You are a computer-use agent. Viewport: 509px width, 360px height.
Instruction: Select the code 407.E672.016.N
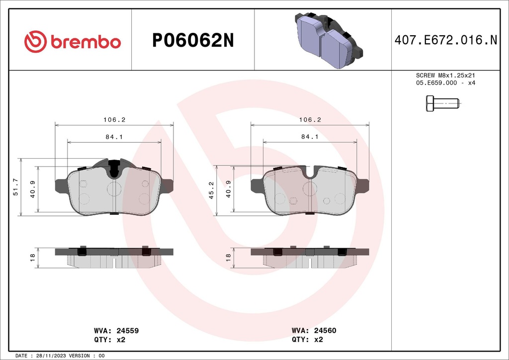point(445,41)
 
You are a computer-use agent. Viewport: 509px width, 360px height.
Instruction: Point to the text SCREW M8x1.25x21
point(445,75)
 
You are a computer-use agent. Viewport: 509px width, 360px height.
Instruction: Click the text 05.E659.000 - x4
point(445,83)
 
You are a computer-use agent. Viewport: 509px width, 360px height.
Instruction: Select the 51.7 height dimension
point(15,187)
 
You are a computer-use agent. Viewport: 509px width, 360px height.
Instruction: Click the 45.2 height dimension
point(211,190)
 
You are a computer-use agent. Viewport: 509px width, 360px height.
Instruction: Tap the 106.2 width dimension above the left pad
point(114,120)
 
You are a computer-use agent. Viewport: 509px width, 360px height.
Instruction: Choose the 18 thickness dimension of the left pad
point(32,257)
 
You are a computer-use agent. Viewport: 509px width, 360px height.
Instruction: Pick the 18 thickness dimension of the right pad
point(228,257)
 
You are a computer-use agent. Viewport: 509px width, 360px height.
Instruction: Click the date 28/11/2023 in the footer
point(52,356)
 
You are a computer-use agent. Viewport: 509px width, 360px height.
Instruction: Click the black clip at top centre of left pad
point(114,167)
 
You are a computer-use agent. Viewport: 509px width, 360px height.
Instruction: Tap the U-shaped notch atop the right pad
point(311,174)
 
